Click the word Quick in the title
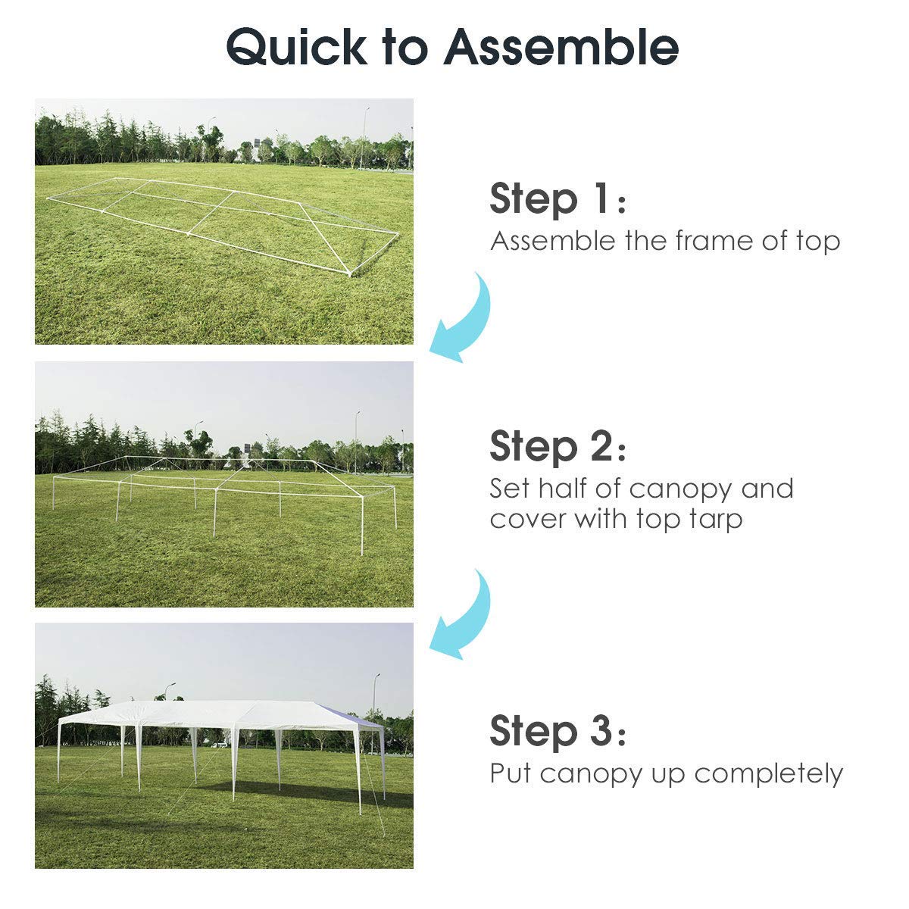coord(295,47)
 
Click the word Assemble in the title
coord(561,47)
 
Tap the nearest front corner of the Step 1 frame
coord(349,272)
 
